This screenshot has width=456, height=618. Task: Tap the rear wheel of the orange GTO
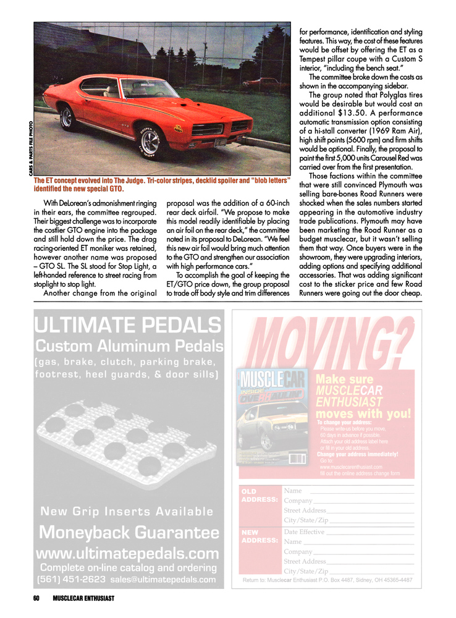tap(67, 118)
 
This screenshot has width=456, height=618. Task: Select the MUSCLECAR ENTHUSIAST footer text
tap(83, 598)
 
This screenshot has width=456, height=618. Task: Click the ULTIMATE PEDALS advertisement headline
tap(127, 324)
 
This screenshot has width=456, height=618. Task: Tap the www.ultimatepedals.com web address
tap(128, 552)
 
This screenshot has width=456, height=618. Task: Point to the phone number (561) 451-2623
tap(70, 580)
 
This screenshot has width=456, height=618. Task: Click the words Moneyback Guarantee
tap(129, 533)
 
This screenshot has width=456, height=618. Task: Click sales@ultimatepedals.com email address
tap(164, 580)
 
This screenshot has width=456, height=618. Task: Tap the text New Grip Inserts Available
tap(127, 511)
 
